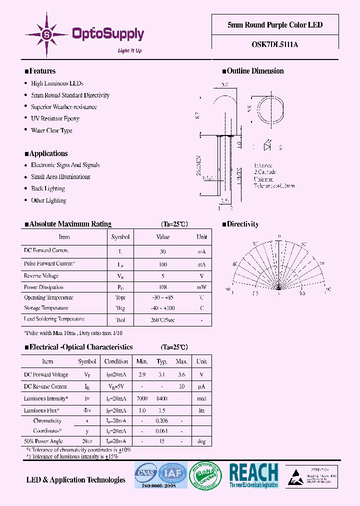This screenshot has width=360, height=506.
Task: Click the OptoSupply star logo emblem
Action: (47, 34)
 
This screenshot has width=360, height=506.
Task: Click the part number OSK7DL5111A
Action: (275, 44)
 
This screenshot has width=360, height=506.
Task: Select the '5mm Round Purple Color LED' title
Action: (275, 25)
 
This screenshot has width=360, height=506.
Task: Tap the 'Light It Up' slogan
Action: (129, 50)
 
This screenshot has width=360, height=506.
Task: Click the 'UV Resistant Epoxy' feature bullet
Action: (55, 118)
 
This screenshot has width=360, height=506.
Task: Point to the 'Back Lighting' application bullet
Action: (48, 188)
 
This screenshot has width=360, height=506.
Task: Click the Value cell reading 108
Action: (163, 287)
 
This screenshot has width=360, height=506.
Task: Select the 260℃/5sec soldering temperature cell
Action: (163, 319)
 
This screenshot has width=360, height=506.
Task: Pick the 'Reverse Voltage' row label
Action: (41, 276)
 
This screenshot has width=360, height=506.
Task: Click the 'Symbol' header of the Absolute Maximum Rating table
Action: (120, 237)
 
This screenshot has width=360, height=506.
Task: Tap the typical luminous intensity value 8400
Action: (161, 399)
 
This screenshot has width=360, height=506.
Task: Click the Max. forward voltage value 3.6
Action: (181, 374)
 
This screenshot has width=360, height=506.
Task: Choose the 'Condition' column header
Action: (116, 361)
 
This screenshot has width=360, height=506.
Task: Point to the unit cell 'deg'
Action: (201, 441)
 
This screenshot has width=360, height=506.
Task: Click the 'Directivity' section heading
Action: (243, 224)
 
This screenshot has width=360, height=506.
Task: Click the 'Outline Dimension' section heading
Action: (255, 71)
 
